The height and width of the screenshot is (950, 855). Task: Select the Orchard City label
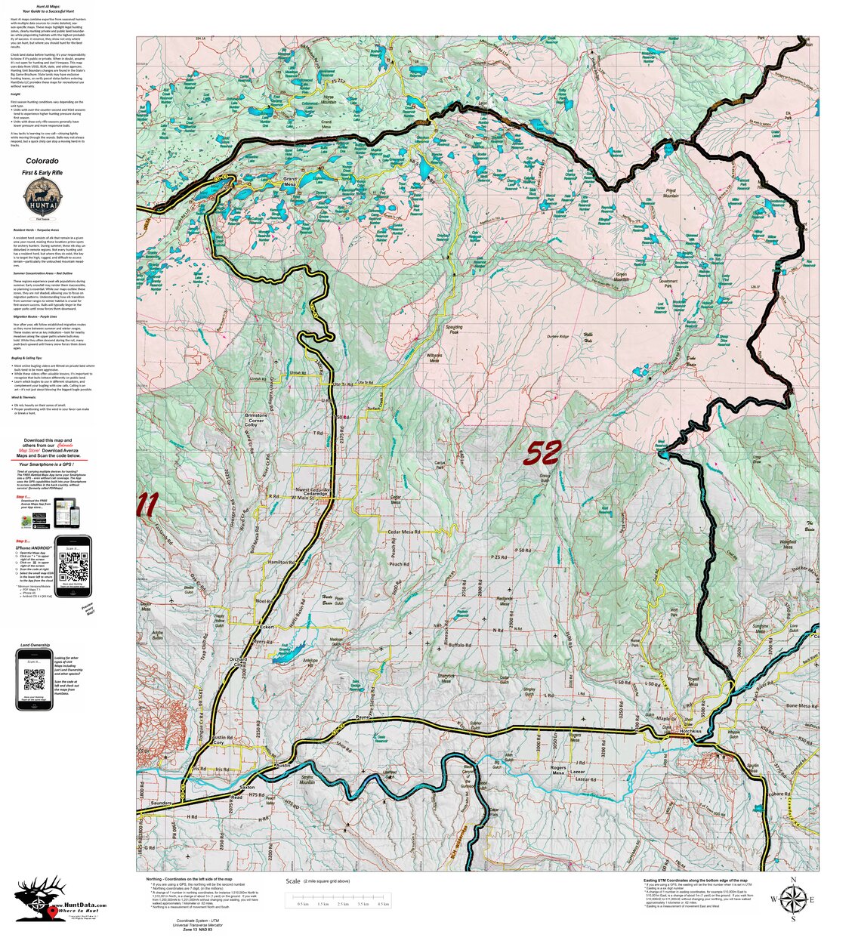click(238, 662)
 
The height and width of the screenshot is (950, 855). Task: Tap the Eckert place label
click(265, 626)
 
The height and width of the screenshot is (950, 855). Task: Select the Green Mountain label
click(621, 277)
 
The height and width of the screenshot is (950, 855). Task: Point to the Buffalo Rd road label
click(460, 646)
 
